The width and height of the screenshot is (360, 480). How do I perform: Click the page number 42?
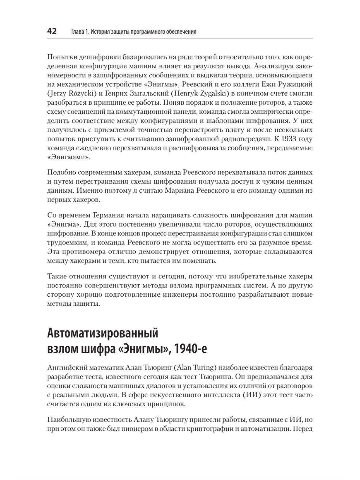tap(52, 31)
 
